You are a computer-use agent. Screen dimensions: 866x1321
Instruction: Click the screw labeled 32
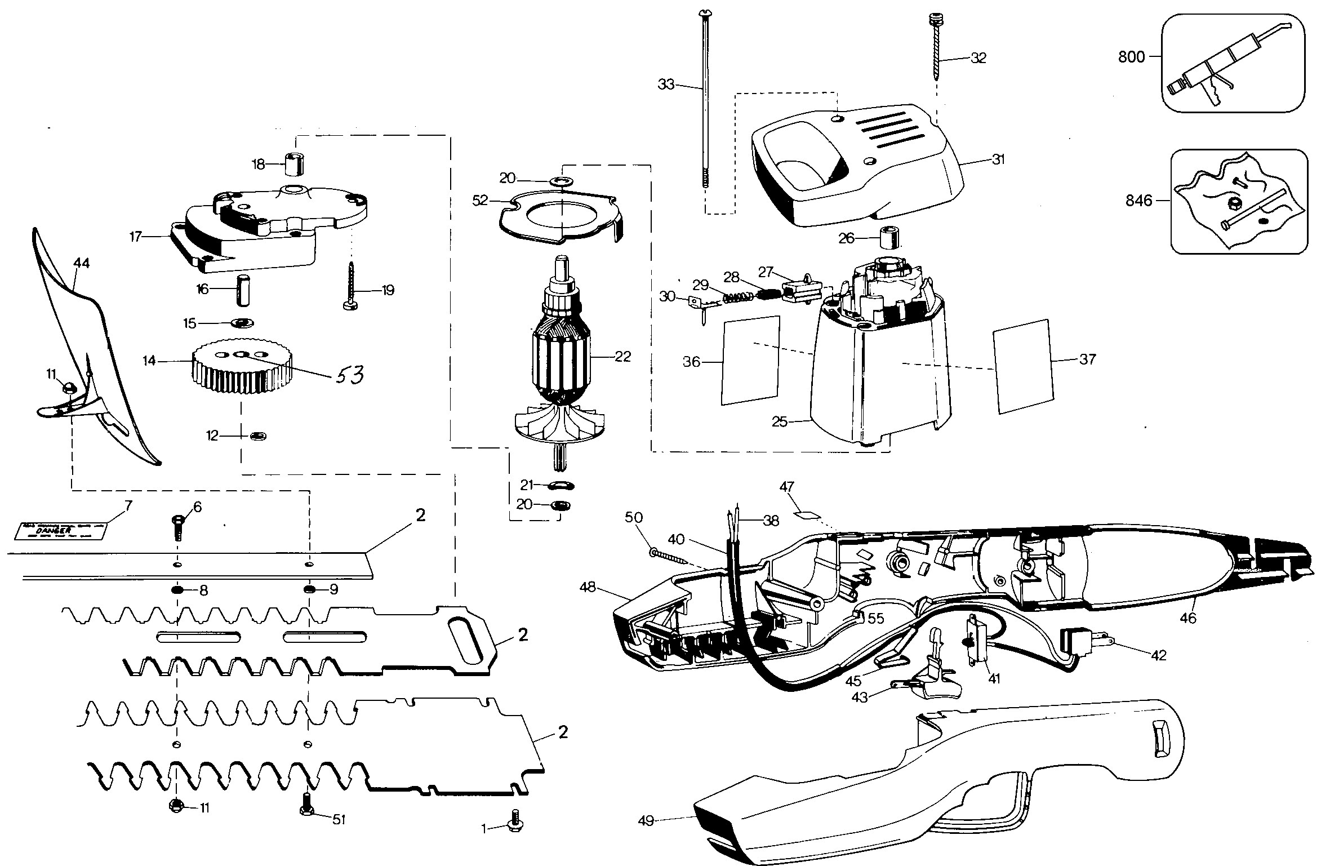936,51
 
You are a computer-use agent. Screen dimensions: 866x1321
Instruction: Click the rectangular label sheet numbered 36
750,361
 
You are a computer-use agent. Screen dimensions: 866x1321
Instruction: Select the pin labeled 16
242,290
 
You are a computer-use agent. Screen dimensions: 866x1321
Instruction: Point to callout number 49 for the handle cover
646,821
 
